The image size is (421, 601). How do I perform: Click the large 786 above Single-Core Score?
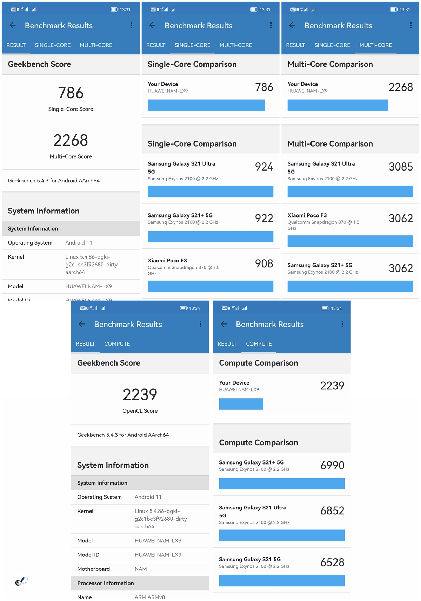(x=71, y=93)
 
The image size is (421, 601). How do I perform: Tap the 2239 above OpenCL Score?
(x=140, y=395)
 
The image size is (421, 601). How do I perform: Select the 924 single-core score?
(x=264, y=167)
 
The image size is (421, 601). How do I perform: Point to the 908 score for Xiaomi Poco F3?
(x=264, y=263)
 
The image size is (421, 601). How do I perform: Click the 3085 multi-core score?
(x=401, y=167)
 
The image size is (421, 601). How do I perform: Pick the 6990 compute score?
(x=332, y=466)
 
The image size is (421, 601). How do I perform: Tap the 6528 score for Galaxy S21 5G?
(x=332, y=562)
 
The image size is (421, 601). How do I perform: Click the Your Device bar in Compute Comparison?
(x=241, y=404)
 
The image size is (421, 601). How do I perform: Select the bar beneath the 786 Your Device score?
(x=206, y=105)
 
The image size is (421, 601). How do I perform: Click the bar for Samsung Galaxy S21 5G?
(x=282, y=580)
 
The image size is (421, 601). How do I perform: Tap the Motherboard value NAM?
(x=141, y=569)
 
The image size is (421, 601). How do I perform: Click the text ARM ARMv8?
(x=150, y=597)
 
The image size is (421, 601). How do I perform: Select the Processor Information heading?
(x=106, y=583)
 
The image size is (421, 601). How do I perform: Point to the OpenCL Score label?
(x=140, y=411)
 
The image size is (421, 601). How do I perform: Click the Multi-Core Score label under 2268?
(x=71, y=156)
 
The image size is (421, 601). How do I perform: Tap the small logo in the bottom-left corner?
(x=21, y=581)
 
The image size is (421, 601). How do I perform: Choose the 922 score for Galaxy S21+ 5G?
(x=264, y=219)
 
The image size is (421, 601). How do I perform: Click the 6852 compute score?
(x=332, y=511)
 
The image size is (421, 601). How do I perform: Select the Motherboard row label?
(x=94, y=569)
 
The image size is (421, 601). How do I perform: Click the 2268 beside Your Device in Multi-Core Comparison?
(x=401, y=87)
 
